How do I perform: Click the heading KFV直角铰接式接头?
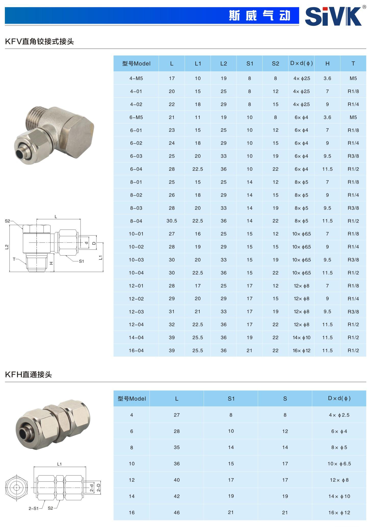click(x=40, y=41)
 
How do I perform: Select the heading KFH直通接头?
click(x=29, y=374)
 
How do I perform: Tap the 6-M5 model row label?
click(x=136, y=117)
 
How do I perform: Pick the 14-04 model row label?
click(x=136, y=338)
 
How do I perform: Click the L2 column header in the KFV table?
click(x=224, y=63)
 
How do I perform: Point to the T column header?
click(x=353, y=63)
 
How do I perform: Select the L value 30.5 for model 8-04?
click(x=172, y=221)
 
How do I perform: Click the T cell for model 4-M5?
click(x=353, y=78)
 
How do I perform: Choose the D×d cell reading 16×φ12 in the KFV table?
click(x=301, y=351)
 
